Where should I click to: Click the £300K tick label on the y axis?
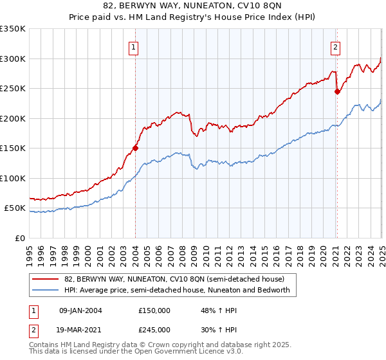[x=13, y=59]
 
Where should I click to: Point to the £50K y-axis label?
[x=15, y=208]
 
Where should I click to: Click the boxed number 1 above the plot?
[x=133, y=46]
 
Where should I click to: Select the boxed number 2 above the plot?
[x=336, y=46]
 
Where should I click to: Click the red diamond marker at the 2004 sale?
[x=135, y=148]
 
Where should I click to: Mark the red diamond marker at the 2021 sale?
[x=337, y=91]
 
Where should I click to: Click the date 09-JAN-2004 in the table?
[x=80, y=310]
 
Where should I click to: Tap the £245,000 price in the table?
[x=154, y=329]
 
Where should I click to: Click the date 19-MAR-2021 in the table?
[x=80, y=329]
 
